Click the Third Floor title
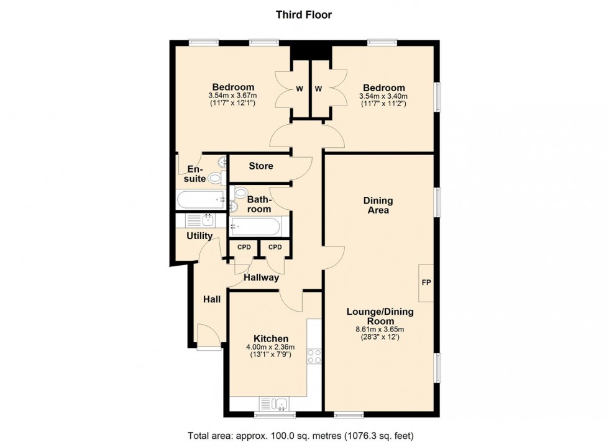pyautogui.click(x=304, y=15)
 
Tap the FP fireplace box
pyautogui.click(x=426, y=283)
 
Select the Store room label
pyautogui.click(x=261, y=166)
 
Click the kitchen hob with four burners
pyautogui.click(x=314, y=356)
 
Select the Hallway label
pyautogui.click(x=261, y=278)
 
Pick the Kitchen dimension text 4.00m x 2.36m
pyautogui.click(x=270, y=347)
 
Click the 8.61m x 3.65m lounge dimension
pyautogui.click(x=380, y=330)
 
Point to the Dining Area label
pyautogui.click(x=378, y=205)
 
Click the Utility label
pyautogui.click(x=199, y=236)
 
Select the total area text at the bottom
pyautogui.click(x=301, y=435)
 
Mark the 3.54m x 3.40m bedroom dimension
pyautogui.click(x=383, y=97)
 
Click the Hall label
pyautogui.click(x=212, y=299)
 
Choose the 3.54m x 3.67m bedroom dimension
pyautogui.click(x=232, y=96)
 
